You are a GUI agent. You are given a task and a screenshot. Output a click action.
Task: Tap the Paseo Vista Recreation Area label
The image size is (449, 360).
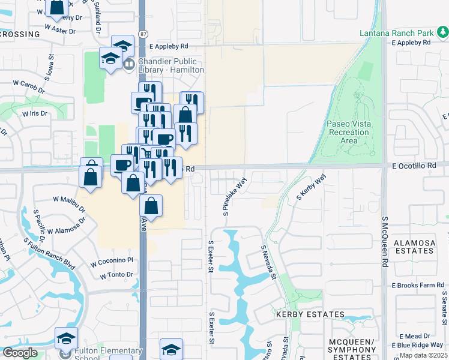click(349, 132)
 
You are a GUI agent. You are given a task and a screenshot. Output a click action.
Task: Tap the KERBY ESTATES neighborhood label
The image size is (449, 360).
click(310, 314)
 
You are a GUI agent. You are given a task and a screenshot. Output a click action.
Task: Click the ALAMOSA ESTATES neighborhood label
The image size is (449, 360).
click(414, 247)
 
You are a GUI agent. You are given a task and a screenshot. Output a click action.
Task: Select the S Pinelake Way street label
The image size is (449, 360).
click(235, 196)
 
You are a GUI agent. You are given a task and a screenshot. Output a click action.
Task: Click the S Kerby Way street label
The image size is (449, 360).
click(311, 187)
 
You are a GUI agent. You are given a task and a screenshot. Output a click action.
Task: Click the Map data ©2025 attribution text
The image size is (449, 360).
click(424, 355)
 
